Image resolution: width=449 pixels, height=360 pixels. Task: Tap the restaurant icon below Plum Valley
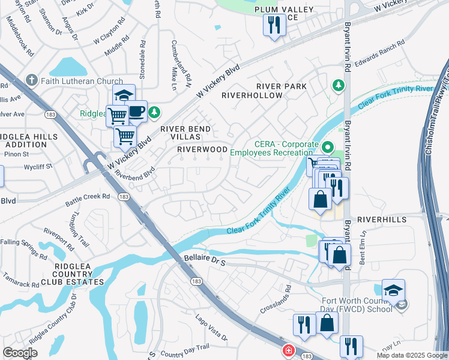click(x=274, y=26)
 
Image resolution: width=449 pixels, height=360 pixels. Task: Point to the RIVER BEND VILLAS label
click(x=185, y=133)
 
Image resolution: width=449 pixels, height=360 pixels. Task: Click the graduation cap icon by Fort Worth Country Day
click(x=393, y=291)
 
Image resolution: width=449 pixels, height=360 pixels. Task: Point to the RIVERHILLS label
click(x=382, y=220)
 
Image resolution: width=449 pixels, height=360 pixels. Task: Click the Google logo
click(x=20, y=353)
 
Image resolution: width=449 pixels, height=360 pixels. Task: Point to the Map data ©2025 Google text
click(x=411, y=355)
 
